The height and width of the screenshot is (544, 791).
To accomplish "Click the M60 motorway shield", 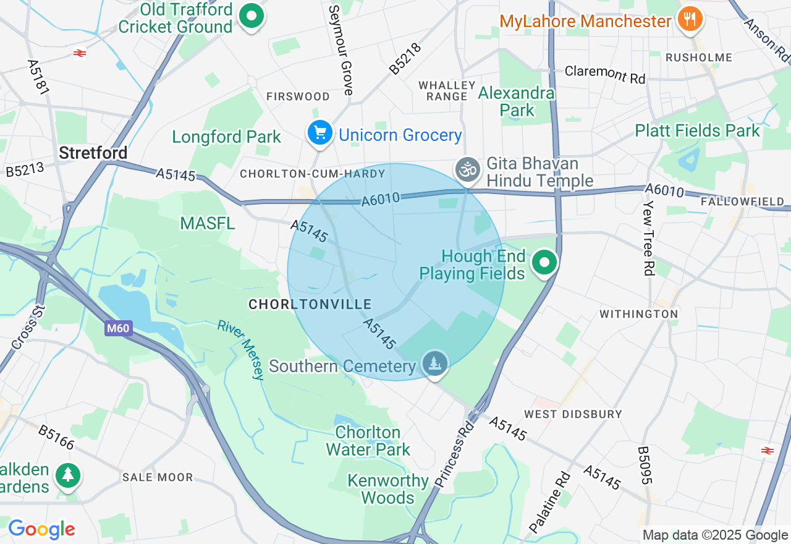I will pyautogui.click(x=117, y=328).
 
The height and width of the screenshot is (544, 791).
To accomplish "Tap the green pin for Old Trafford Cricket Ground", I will pyautogui.click(x=252, y=17).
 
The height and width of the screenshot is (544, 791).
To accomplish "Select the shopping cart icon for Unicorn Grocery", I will pyautogui.click(x=320, y=133).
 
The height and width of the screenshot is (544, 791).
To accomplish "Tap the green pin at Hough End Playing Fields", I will pyautogui.click(x=544, y=263).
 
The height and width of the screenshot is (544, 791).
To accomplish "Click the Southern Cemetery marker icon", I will pyautogui.click(x=435, y=363).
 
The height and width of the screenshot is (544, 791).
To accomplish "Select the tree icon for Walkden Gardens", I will pyautogui.click(x=67, y=476).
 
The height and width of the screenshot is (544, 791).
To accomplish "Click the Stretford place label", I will pyautogui.click(x=93, y=153).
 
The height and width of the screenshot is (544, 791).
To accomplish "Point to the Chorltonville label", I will pyautogui.click(x=310, y=304).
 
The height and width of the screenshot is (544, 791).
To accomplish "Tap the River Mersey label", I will pyautogui.click(x=242, y=350).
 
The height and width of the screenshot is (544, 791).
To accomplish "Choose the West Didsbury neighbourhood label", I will pyautogui.click(x=573, y=414).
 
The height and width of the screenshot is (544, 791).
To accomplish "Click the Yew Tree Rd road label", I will pyautogui.click(x=648, y=238).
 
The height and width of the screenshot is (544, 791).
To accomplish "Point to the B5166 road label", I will pyautogui.click(x=56, y=437).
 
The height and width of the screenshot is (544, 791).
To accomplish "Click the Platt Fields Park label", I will pyautogui.click(x=697, y=131).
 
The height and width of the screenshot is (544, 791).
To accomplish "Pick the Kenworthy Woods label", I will pyautogui.click(x=388, y=489).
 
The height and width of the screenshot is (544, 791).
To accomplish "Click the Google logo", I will pyautogui.click(x=41, y=529).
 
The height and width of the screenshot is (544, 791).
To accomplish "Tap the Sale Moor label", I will pyautogui.click(x=158, y=477).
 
